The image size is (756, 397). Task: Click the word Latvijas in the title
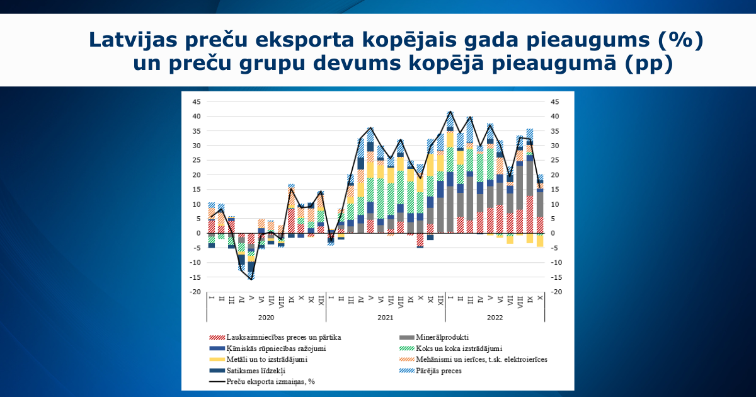tap(133, 39)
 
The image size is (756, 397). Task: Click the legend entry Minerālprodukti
tap(442, 337)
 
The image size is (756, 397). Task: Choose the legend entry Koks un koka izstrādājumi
tap(459, 348)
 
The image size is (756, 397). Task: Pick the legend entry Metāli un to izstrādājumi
tap(266, 359)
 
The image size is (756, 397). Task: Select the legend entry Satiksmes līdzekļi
tap(256, 371)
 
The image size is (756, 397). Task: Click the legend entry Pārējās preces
tap(438, 371)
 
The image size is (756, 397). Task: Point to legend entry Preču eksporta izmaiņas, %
tap(270, 381)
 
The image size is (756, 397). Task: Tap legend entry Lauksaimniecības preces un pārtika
tap(283, 337)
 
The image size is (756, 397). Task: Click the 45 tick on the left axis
tap(197, 101)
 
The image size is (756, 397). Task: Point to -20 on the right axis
tap(556, 292)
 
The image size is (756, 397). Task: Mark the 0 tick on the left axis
tap(198, 233)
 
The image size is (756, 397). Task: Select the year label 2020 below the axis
tap(266, 318)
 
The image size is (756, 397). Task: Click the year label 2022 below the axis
tap(495, 318)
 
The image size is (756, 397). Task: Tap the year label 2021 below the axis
tap(386, 318)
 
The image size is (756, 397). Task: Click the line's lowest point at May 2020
tap(251, 279)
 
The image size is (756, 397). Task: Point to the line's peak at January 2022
tap(450, 112)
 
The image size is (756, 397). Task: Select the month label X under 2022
tap(541, 297)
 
